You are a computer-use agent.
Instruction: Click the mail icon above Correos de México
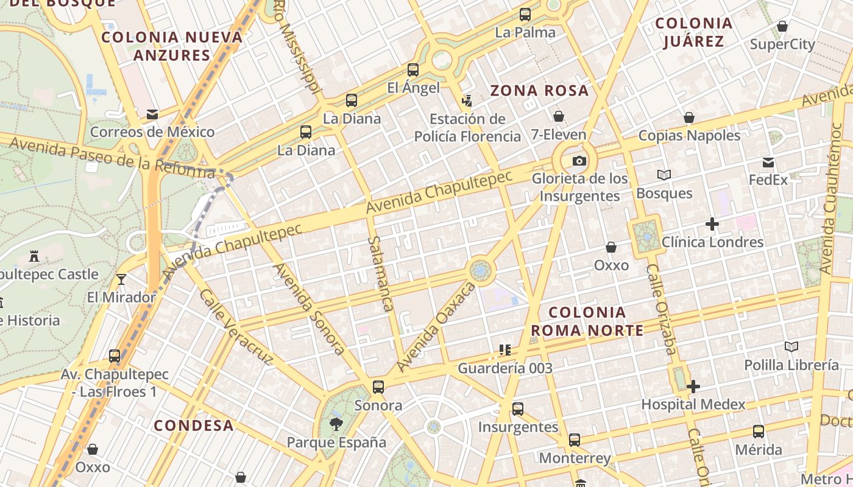pos(152,114)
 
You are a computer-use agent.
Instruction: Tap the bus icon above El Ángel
pos(413,70)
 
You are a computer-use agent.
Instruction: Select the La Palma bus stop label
pos(525,32)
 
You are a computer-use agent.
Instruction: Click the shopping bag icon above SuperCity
pos(782,27)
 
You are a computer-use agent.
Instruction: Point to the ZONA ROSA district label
pos(540,91)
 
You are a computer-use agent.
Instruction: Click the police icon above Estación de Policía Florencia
pos(467,100)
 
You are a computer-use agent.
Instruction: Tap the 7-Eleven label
pos(558,135)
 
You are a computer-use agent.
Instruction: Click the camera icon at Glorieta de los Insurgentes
pos(579,161)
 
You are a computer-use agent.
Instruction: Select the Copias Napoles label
pos(689,135)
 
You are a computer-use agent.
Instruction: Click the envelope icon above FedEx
pos(768,163)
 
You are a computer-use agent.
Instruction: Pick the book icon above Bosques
pos(664,175)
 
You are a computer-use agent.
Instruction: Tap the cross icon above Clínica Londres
pos(712,224)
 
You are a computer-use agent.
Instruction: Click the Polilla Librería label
pos(791,365)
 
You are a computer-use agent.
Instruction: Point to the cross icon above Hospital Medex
pos(693,387)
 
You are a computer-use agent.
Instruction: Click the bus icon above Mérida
pos(759,432)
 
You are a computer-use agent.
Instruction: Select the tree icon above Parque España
pos(336,424)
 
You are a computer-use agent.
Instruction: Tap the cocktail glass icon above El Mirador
pos(121,279)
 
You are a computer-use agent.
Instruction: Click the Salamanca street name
pos(381,274)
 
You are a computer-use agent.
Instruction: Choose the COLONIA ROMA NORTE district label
pos(587,321)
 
